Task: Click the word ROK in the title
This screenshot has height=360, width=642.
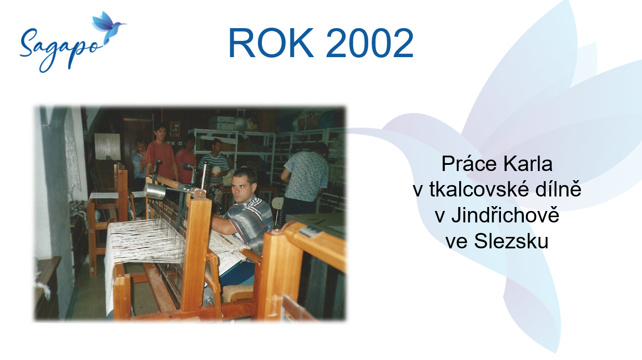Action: tap(271, 43)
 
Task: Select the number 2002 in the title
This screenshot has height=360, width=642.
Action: tap(369, 43)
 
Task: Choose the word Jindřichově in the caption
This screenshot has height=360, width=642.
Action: tap(505, 215)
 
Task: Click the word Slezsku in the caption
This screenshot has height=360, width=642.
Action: tap(511, 241)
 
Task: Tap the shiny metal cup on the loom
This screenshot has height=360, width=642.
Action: tap(155, 191)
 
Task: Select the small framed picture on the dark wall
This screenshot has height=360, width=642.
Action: tap(175, 129)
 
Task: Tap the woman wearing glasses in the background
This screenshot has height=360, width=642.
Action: tap(140, 164)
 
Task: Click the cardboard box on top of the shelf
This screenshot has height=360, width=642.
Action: tap(221, 123)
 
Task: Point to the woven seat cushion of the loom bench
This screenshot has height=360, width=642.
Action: tap(238, 293)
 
